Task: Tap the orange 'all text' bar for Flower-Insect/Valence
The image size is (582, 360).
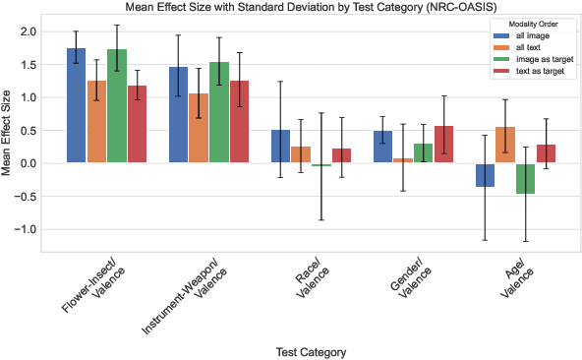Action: [97, 122]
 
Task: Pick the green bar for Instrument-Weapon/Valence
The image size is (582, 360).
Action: [218, 112]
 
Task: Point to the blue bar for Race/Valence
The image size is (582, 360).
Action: [280, 147]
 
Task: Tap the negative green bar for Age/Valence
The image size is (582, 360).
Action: [526, 178]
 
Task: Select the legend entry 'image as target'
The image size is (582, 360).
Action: [540, 60]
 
